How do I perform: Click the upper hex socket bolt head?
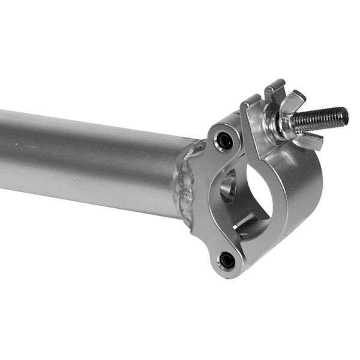point(224,142)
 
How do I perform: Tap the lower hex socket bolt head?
point(227,260)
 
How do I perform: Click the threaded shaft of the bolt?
point(318,120)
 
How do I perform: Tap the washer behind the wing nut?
point(275,124)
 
